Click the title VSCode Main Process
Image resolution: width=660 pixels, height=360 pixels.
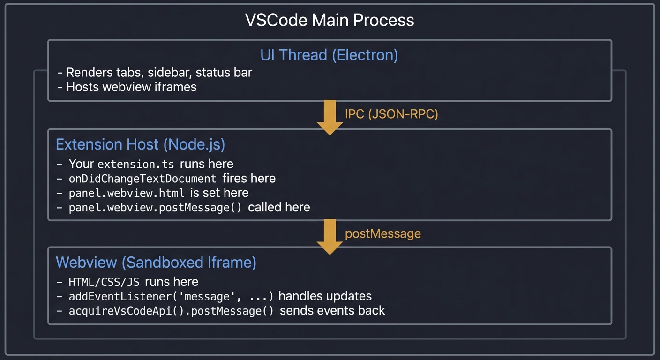click(330, 20)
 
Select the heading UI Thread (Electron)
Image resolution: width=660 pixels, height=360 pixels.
click(329, 55)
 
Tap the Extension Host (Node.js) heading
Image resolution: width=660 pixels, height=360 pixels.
click(140, 144)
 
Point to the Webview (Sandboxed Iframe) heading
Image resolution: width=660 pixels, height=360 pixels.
click(156, 262)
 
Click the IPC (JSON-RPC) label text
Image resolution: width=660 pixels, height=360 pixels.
click(391, 114)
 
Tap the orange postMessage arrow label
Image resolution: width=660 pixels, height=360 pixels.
click(382, 233)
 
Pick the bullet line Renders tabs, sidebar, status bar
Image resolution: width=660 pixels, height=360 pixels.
click(155, 73)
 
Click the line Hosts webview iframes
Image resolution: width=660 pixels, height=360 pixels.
click(127, 87)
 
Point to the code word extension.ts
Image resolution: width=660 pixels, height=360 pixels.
click(136, 164)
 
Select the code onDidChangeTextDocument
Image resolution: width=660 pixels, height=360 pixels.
click(142, 179)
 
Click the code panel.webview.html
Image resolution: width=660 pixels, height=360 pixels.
click(127, 193)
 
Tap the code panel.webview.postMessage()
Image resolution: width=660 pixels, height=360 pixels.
click(155, 208)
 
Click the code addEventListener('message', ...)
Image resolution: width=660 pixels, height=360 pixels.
click(171, 296)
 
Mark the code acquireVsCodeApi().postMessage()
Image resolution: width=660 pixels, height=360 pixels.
click(171, 311)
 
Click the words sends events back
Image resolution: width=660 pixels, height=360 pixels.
click(332, 310)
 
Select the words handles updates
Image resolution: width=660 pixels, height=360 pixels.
click(325, 296)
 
